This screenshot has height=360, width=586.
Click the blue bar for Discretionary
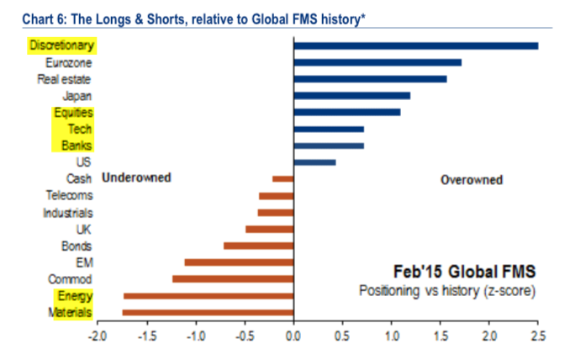tap(415, 45)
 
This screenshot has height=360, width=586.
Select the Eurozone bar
tap(377, 62)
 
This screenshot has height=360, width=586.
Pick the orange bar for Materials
tap(208, 313)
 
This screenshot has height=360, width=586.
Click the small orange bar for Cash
tap(282, 178)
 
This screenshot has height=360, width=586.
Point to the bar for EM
tap(239, 262)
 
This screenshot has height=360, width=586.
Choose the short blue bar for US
tap(314, 162)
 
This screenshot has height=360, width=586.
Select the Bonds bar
tap(258, 246)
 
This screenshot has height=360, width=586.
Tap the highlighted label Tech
tap(81, 129)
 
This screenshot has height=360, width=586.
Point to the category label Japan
tap(77, 96)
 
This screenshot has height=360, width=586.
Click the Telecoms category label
tap(69, 195)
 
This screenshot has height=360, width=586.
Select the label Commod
tap(71, 279)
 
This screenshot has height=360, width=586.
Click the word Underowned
tap(135, 177)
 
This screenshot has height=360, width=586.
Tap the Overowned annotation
tap(472, 179)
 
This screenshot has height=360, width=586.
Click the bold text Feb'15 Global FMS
tap(465, 273)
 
